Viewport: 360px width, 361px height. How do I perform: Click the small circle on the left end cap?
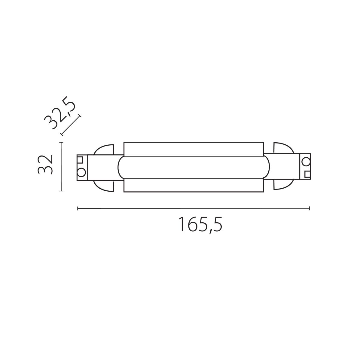click(81, 172)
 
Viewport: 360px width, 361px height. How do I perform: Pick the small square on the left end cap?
click(80, 159)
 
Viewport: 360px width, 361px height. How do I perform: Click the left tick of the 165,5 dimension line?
click(78, 208)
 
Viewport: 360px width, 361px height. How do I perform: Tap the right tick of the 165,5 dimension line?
click(310, 208)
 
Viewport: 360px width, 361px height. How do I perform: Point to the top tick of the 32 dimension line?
click(61, 142)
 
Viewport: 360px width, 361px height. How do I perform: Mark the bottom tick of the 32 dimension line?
click(61, 191)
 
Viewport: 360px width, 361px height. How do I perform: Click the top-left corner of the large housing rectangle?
click(124, 142)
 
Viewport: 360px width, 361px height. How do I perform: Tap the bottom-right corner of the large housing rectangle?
click(264, 192)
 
